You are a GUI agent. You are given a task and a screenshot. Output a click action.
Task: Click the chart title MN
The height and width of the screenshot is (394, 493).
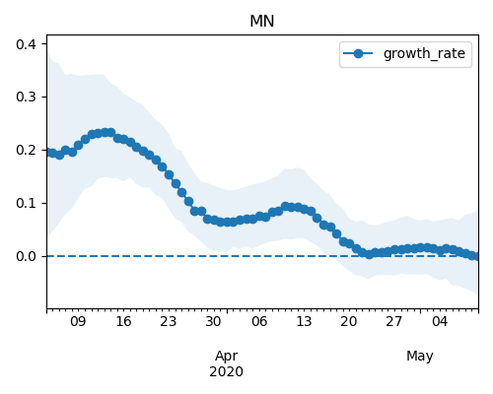262,22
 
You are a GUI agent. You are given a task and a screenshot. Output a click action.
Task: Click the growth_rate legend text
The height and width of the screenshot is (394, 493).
424,53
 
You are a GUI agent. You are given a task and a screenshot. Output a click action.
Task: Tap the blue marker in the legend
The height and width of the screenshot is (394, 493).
358,53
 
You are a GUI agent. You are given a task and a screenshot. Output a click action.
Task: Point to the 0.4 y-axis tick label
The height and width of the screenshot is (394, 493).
26,44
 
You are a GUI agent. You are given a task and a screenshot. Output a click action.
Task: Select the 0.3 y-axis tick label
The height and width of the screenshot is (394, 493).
26,98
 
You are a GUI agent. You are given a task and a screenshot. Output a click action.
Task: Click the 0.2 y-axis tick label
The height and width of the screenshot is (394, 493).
26,151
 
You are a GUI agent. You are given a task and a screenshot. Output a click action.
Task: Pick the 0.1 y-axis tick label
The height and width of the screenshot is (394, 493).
26,203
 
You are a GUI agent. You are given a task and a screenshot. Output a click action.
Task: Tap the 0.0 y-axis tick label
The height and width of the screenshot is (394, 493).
26,256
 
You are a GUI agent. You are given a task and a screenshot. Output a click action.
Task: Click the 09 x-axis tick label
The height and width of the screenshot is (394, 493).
78,321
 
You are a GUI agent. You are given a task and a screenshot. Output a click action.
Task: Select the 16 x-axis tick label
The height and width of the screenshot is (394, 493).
123,321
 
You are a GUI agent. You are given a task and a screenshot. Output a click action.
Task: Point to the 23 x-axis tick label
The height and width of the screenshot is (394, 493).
169,321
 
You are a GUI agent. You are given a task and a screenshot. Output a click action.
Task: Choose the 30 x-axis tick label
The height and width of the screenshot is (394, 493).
213,321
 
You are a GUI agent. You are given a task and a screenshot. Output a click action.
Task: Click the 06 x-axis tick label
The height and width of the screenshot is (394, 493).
259,321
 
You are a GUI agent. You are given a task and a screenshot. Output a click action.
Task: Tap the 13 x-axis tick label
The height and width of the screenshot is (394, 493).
304,321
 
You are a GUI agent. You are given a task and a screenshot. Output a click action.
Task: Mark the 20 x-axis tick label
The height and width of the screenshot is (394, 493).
349,321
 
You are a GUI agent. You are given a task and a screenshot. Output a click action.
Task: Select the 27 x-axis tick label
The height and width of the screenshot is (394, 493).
393,321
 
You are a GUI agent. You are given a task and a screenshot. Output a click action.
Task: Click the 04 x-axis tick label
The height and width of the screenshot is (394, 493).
440,321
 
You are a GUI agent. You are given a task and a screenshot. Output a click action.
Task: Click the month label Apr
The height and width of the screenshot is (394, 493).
227,357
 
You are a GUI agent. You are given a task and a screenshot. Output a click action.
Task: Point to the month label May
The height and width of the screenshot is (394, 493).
420,357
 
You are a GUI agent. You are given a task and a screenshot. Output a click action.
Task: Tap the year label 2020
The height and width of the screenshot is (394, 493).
227,371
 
